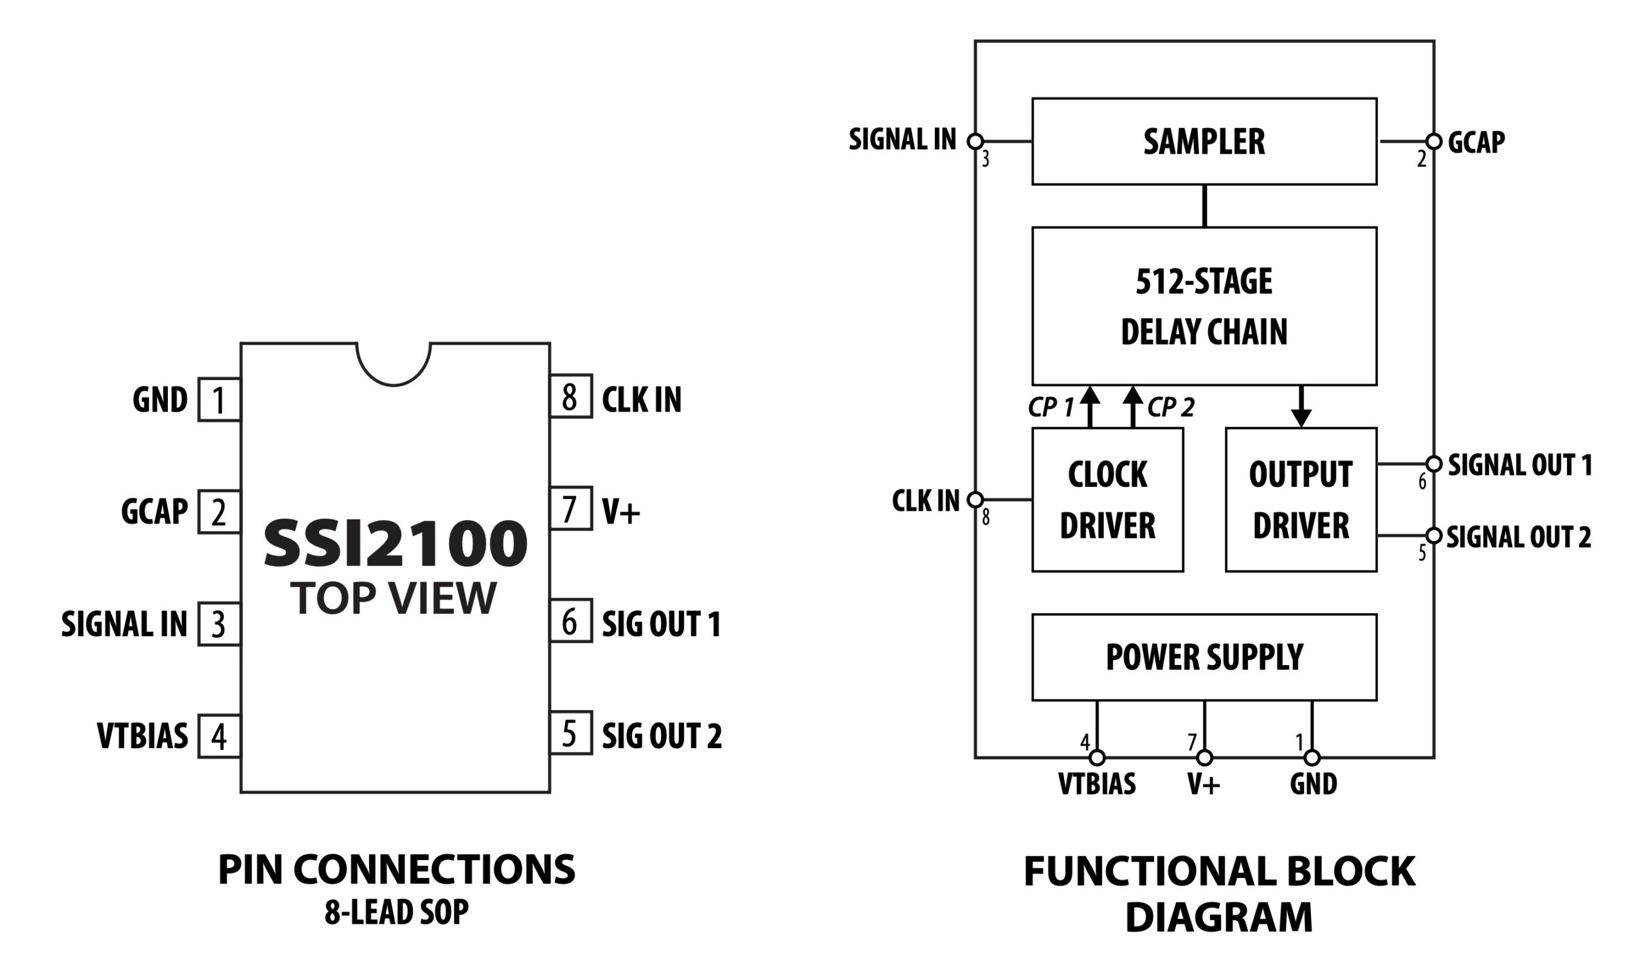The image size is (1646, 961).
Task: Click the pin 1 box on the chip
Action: coord(219,400)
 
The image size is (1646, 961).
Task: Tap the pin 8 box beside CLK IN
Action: coord(570,396)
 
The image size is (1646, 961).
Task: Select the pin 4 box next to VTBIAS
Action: coord(219,737)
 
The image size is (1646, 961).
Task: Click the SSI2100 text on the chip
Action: coord(395,544)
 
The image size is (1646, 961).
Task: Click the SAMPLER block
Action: coord(1204,142)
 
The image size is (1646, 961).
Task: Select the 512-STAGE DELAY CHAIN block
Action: coord(1204,306)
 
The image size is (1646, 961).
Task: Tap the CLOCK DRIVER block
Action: coord(1107,500)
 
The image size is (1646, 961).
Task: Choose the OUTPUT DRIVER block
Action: coord(1301,500)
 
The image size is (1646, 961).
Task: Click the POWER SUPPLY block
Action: coord(1204,657)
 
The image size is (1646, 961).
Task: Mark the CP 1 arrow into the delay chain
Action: coord(1089,405)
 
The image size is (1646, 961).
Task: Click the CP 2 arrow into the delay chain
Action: coord(1133,405)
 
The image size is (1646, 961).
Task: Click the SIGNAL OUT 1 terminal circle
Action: coord(1433,464)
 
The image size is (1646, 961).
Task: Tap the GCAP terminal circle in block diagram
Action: coord(1433,141)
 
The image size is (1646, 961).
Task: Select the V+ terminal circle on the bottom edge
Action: coord(1204,758)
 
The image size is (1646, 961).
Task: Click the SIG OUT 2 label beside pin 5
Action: coord(662,736)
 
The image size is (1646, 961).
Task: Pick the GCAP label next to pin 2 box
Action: coord(154,511)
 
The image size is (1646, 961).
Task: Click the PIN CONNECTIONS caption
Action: coord(397,870)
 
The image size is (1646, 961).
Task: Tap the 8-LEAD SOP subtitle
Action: coord(397,913)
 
